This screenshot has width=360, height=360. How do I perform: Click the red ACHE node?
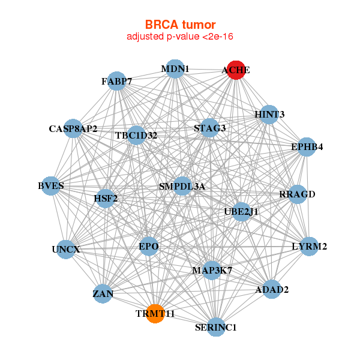236,70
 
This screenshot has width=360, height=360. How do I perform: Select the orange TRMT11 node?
155,313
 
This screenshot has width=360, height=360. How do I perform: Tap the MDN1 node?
175,69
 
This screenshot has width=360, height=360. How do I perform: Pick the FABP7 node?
116,81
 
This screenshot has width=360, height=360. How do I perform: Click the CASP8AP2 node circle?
73,128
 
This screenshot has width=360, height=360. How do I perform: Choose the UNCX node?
65,249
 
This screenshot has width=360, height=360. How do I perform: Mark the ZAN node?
103,294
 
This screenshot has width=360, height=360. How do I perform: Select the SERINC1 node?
216,327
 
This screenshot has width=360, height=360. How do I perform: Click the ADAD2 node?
272,290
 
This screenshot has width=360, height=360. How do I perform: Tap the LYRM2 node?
309,246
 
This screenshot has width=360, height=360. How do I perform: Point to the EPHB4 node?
307,147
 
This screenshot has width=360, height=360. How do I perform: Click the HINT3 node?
269,114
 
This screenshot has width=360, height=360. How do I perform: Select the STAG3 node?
209,128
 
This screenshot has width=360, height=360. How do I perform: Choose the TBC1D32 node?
136,135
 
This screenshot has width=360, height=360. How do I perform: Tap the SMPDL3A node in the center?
182,187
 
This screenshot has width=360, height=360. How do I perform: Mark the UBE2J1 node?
241,211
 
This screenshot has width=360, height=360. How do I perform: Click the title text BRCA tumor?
180,25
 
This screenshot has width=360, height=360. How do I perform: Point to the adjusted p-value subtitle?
180,37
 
